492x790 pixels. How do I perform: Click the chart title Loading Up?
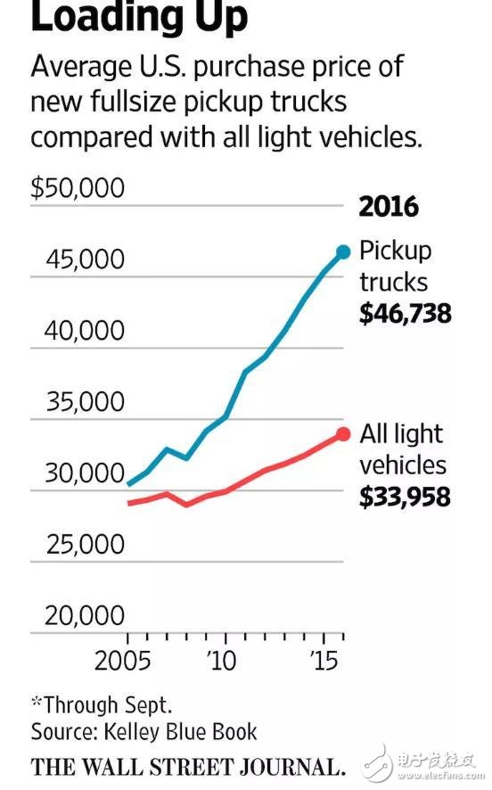(x=139, y=18)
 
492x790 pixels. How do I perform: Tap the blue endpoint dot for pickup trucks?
(x=343, y=252)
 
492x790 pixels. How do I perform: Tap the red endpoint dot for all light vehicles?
(x=343, y=434)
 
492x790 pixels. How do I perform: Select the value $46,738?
(x=405, y=314)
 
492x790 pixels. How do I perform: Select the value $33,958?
(x=405, y=496)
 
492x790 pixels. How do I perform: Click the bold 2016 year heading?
(x=389, y=206)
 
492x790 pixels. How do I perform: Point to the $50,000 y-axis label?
(x=78, y=189)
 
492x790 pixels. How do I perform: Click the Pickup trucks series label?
(x=395, y=267)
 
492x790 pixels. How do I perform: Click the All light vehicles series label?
(x=402, y=449)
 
